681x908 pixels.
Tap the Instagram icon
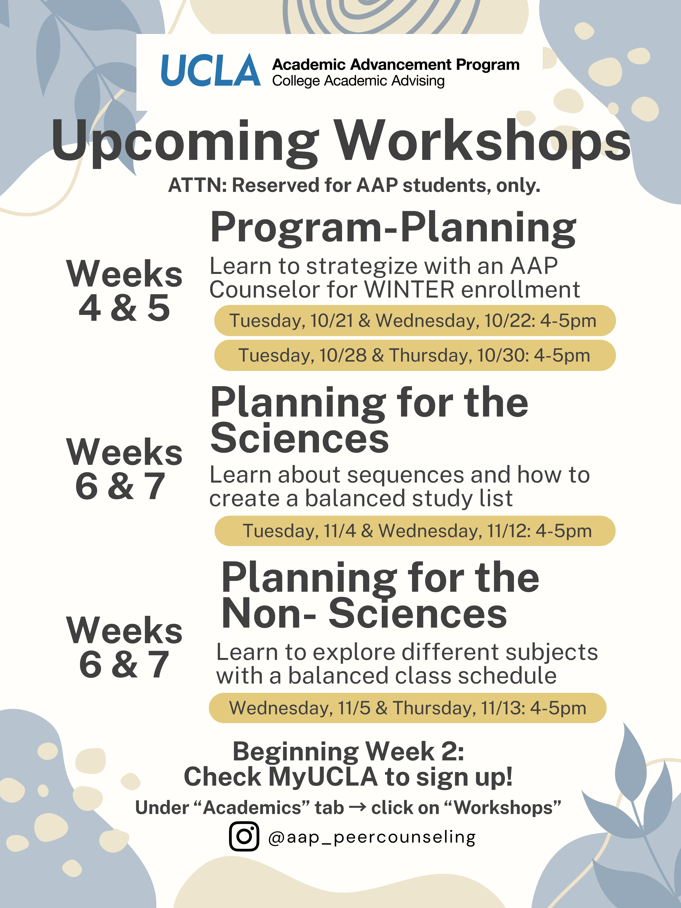coord(244,836)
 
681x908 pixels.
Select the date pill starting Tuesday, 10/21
coord(415,321)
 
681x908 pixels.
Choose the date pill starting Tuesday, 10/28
coord(415,355)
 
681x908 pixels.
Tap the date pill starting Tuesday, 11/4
coord(415,531)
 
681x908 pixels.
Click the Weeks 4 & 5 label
coord(124,290)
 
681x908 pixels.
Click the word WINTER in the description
coord(409,290)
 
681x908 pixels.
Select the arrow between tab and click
coord(357,808)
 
